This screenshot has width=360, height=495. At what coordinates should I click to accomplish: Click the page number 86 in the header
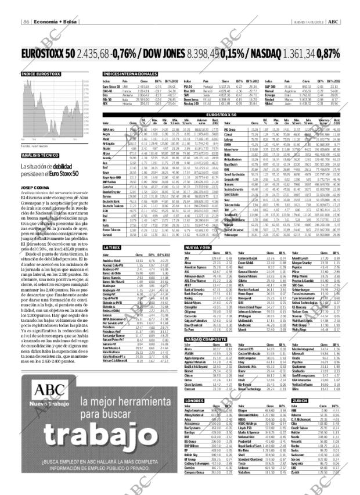click(26, 22)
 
